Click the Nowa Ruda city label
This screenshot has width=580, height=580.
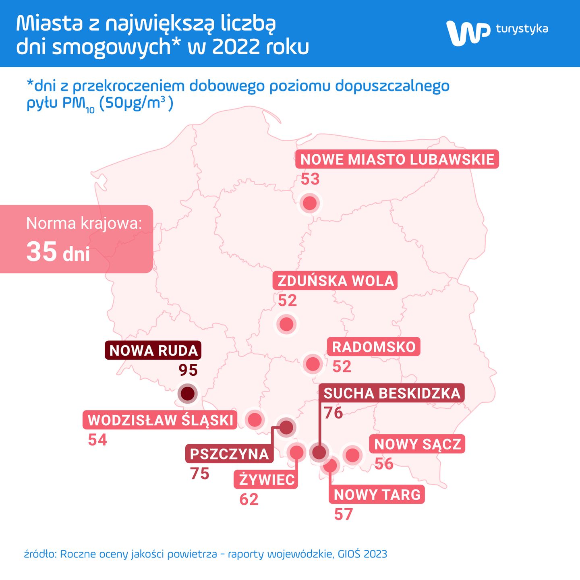click(153, 350)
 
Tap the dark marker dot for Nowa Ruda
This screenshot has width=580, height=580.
click(188, 393)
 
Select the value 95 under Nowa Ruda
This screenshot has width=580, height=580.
click(188, 370)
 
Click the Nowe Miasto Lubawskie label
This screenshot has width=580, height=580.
click(397, 159)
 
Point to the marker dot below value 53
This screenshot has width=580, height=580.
click(310, 203)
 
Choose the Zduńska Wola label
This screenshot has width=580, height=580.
click(335, 281)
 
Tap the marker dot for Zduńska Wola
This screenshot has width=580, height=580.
click(286, 324)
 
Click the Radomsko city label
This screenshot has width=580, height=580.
click(373, 347)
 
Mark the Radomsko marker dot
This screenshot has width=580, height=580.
click(313, 364)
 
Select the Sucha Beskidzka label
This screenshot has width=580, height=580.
click(391, 393)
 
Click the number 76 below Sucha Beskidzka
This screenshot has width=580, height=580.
click(333, 413)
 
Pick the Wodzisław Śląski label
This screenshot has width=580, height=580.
click(160, 420)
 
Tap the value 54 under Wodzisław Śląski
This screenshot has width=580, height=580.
click(97, 440)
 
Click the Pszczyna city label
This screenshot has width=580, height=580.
click(229, 454)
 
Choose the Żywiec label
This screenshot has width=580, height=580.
click(266, 480)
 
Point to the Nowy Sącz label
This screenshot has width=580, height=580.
click(417, 444)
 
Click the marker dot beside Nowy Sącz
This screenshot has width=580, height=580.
click(352, 455)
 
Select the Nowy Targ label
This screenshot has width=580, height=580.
click(377, 495)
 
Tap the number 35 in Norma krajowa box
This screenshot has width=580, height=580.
click(41, 252)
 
